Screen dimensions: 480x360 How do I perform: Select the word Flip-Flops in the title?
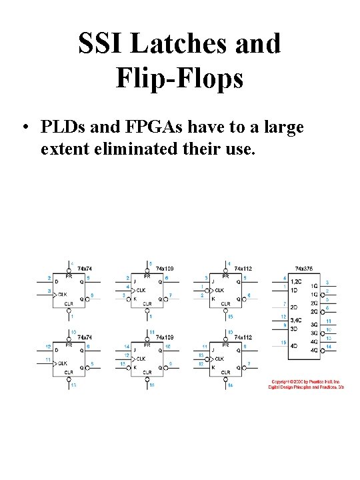click(179, 79)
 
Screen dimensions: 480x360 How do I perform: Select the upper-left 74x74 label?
click(85, 268)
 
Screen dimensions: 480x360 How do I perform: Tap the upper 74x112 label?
click(242, 268)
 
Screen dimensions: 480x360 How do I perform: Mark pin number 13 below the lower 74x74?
click(73, 385)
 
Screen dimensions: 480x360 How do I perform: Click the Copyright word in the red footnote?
click(281, 381)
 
